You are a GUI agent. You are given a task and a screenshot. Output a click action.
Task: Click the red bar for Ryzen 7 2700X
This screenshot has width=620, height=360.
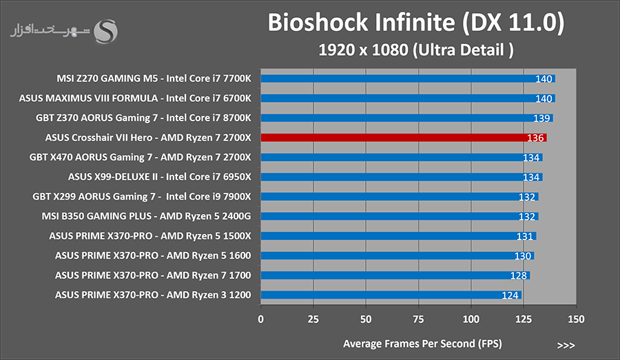coord(404,138)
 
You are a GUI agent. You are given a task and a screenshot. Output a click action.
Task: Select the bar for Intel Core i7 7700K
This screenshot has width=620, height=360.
coord(408,78)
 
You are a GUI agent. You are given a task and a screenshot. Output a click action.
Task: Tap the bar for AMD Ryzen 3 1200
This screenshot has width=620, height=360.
coord(391,295)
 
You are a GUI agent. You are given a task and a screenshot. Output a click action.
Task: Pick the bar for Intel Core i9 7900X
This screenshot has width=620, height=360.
coord(400,196)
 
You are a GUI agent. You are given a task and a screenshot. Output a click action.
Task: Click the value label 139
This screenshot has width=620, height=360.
coord(541,118)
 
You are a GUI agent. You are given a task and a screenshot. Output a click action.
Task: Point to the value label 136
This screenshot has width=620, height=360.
coord(535,138)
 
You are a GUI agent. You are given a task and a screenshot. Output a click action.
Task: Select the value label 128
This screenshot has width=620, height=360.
coord(518,275)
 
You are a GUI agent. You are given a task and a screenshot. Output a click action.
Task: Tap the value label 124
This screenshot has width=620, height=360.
coord(510,295)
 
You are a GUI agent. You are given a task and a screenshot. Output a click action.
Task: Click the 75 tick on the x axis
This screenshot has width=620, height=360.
coord(418,319)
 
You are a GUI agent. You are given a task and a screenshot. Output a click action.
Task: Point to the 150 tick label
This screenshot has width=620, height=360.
coord(576,319)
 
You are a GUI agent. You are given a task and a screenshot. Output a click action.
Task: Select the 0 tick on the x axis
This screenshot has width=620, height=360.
coord(260,319)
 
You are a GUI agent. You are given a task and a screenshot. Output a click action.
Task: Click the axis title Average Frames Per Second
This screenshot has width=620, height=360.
coord(422,343)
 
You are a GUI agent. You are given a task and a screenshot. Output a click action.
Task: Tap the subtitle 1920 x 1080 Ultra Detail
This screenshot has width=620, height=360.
coord(416,50)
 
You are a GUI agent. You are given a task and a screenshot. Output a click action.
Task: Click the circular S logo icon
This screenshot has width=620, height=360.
coord(105,31)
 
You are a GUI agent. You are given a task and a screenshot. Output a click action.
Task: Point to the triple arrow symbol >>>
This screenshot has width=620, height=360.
coord(566,346)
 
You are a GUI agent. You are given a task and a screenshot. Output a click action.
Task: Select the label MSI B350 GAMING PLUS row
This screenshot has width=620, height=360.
coord(146,216)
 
